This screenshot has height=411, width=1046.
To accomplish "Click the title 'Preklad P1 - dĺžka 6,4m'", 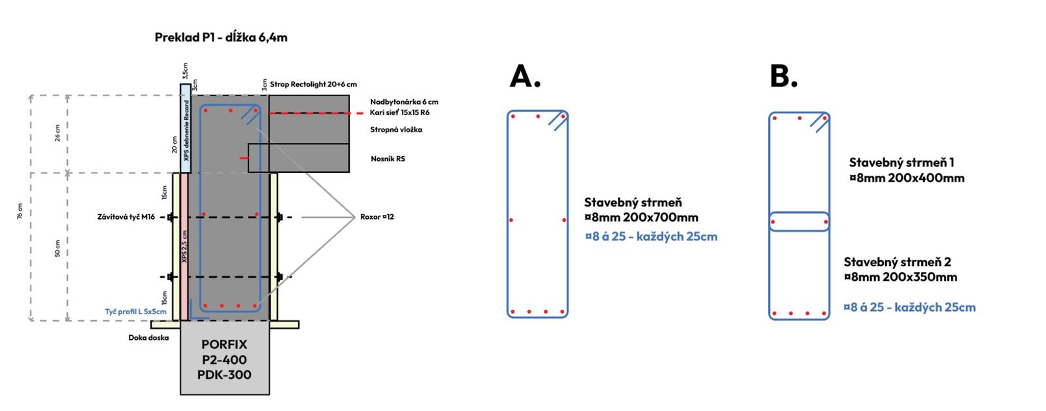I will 221,37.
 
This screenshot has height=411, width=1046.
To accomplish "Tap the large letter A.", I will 525,76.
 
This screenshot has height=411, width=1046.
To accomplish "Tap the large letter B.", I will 783,76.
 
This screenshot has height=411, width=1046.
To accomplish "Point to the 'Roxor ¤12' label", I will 377,217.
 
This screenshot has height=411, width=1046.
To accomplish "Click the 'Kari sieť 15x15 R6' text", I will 399,113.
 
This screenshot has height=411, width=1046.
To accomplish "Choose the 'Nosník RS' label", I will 388,159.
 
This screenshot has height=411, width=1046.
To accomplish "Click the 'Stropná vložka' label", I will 396,129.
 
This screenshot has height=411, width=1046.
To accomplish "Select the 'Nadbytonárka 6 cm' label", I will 404,102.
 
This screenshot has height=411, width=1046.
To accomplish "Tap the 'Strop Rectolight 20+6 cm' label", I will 313,84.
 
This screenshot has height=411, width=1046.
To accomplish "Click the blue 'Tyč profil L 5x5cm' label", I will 136,312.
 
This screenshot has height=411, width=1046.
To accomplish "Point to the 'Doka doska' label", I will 148,338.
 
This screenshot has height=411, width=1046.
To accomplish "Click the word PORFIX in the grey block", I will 224,344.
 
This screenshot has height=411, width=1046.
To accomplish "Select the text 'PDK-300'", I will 224,375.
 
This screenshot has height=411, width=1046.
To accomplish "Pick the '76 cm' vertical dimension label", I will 21,210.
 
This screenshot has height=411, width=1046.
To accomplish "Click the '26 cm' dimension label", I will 58,133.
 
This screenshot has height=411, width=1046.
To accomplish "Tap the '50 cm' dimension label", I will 58,248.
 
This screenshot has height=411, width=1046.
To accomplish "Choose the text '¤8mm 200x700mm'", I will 641,218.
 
